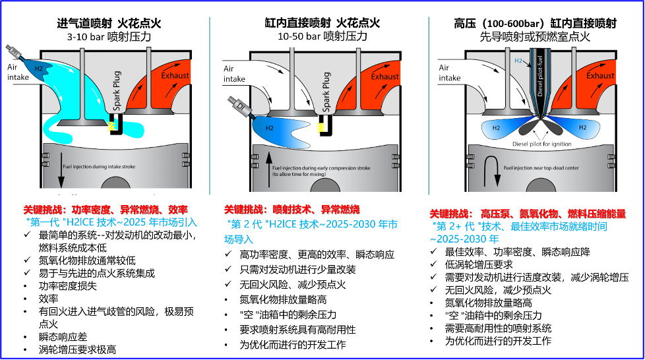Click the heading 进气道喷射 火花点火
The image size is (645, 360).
click(x=109, y=24)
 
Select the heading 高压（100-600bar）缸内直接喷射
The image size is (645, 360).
click(x=535, y=24)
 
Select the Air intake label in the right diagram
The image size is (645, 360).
click(x=450, y=73)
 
